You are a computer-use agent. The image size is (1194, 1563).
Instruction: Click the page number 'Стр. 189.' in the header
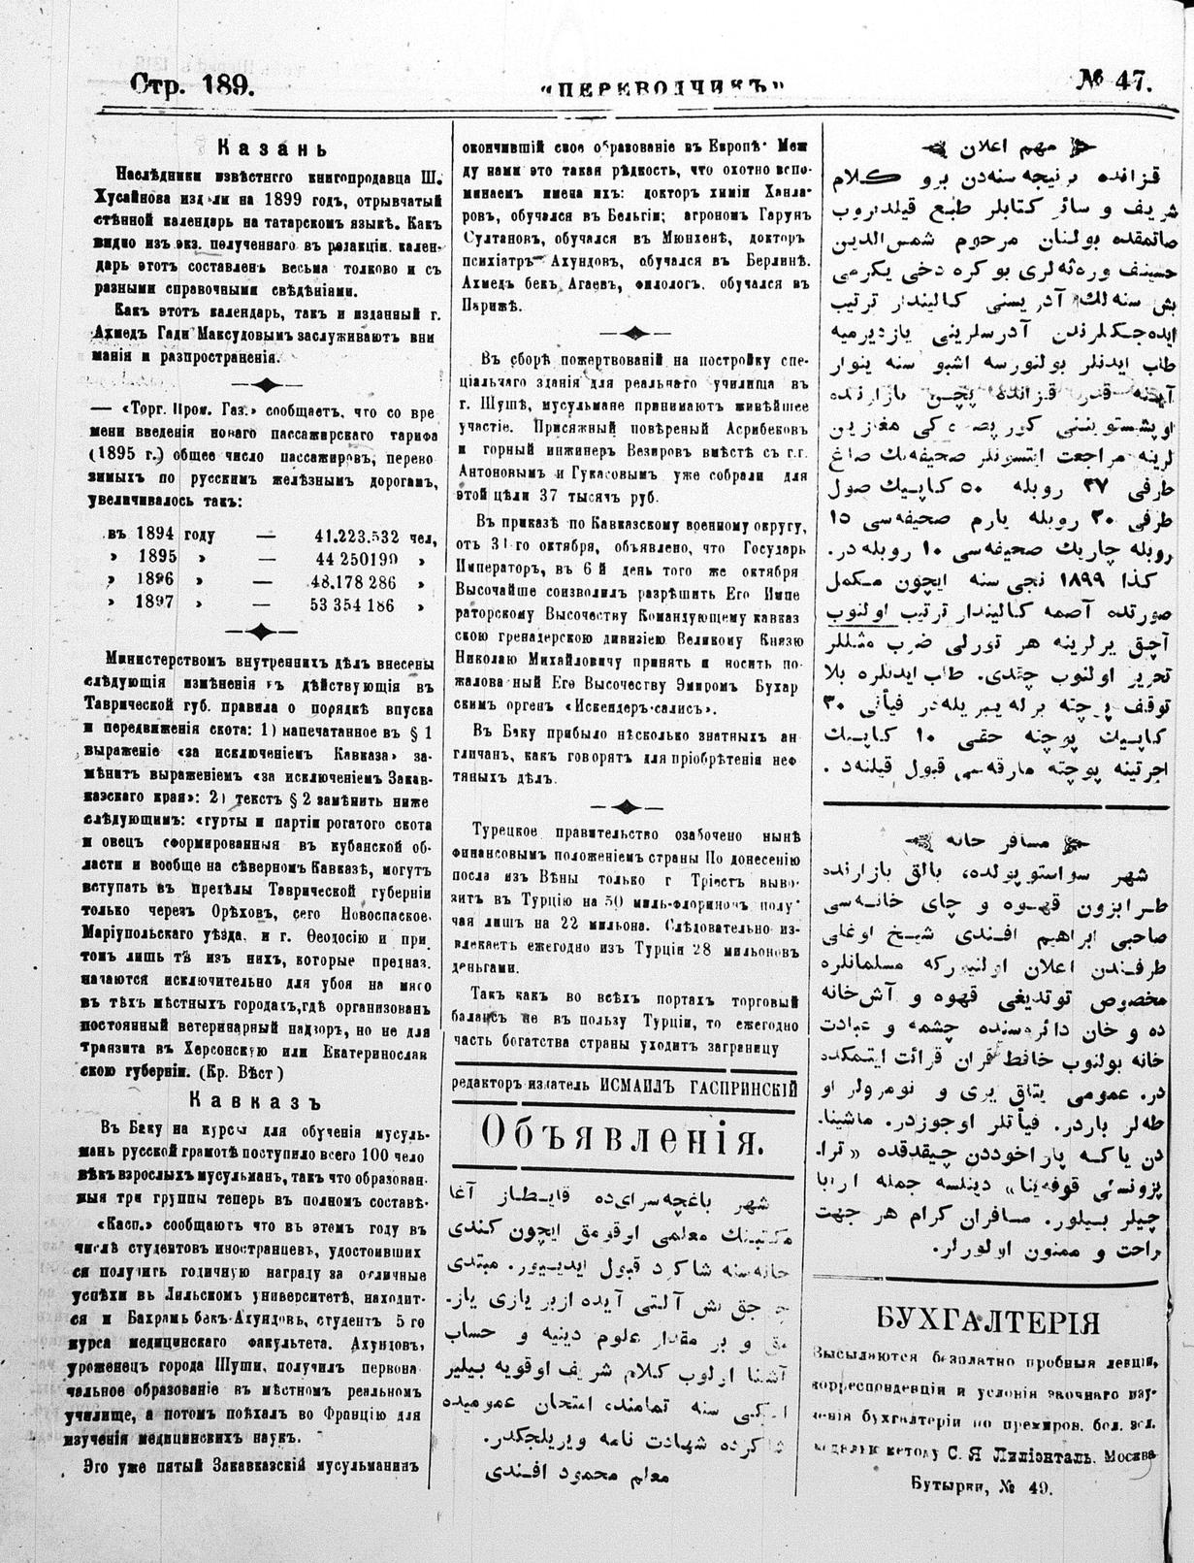pyautogui.click(x=193, y=84)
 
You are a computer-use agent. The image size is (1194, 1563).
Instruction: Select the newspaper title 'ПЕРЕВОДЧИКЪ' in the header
pyautogui.click(x=662, y=88)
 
